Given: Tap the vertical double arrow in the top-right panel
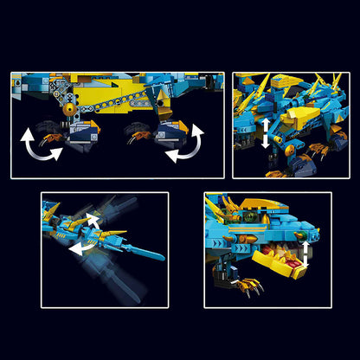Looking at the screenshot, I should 264,134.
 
